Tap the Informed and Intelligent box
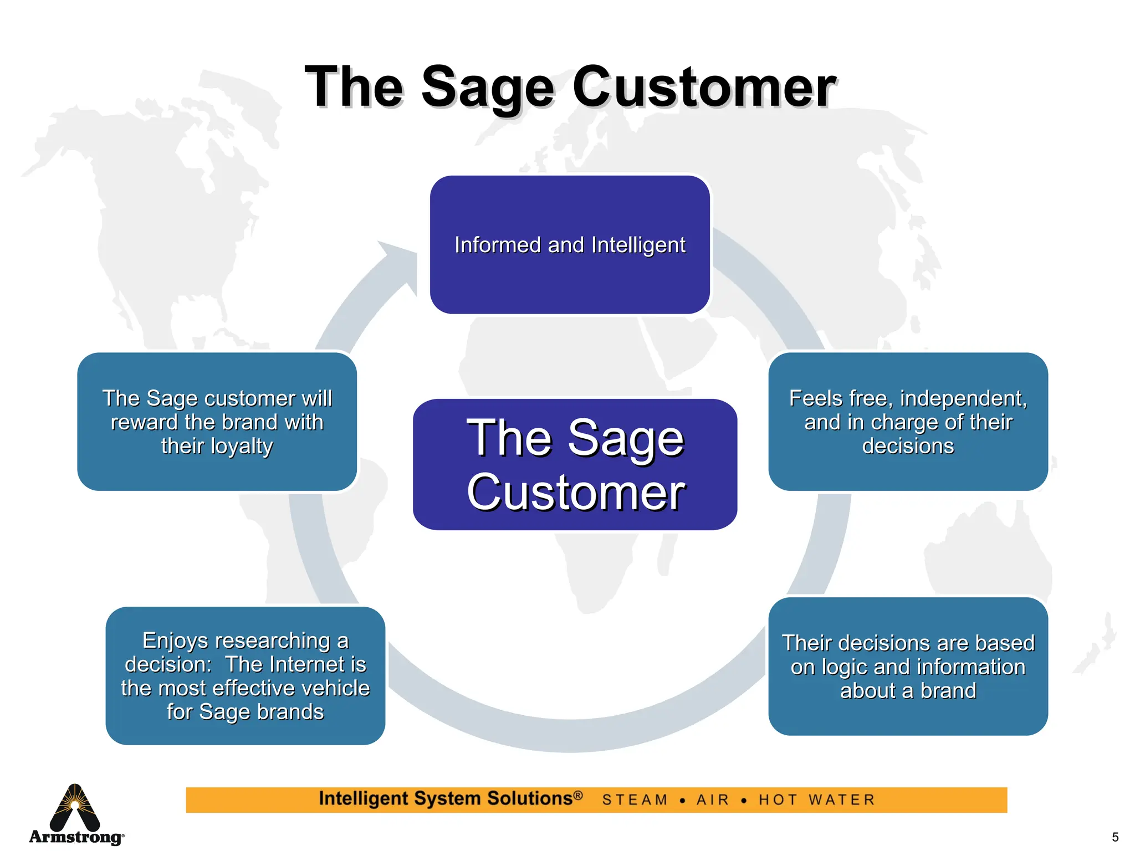tap(570, 245)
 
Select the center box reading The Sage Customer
tap(575, 464)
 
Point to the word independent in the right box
tap(962, 398)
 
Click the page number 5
tap(1115, 837)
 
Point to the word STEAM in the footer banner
tap(635, 800)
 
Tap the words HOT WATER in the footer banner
tap(817, 800)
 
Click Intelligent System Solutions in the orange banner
tap(450, 798)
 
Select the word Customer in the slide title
tap(704, 88)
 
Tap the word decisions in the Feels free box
tap(908, 446)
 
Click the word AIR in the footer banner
tap(713, 800)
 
